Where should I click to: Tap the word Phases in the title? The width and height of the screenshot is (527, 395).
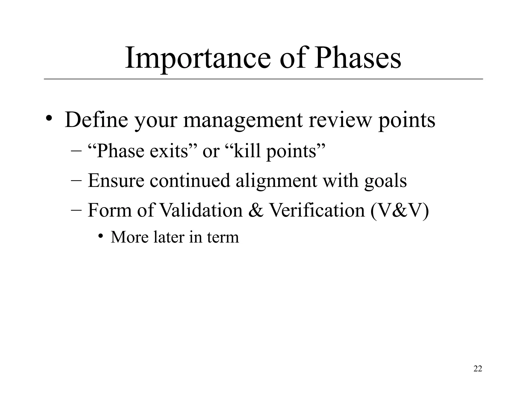357,59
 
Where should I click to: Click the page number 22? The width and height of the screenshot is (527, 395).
478,369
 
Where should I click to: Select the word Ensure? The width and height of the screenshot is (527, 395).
116,180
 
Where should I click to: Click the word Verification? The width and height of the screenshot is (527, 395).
317,210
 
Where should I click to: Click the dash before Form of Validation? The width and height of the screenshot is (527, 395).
76,210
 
